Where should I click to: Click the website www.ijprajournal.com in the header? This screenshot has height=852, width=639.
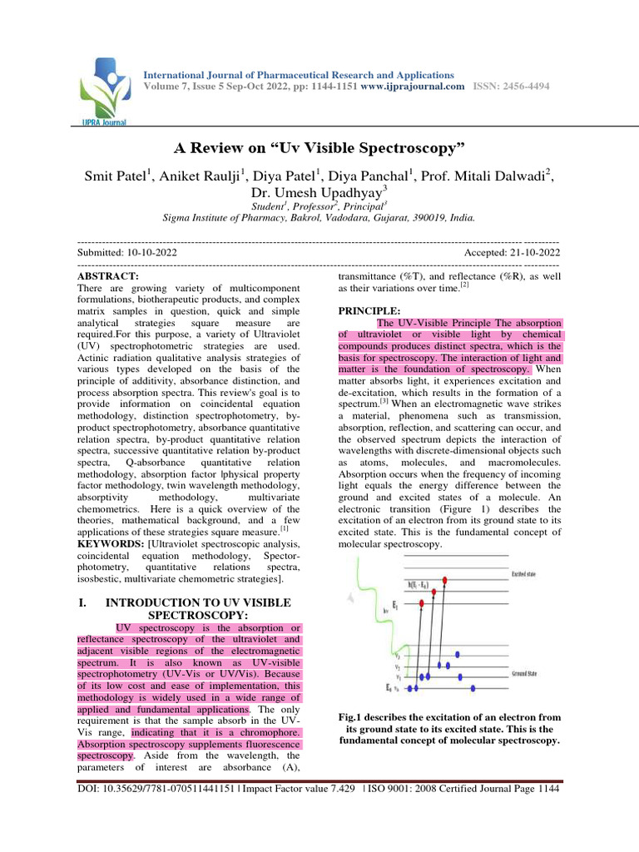413,87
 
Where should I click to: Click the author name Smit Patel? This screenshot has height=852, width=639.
115,177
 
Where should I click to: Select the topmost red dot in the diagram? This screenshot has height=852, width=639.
450,578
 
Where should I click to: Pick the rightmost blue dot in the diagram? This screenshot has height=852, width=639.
474,687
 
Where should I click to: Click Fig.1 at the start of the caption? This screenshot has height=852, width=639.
355,717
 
